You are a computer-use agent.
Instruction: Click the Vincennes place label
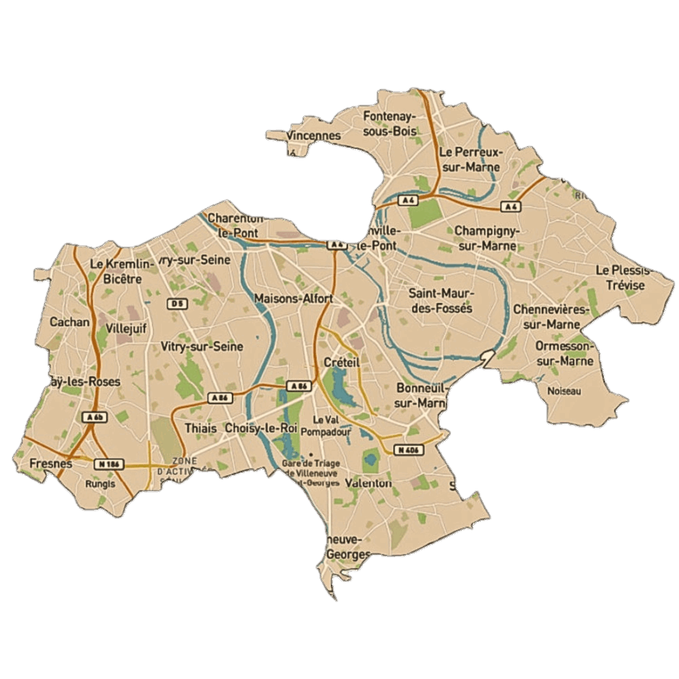click(x=314, y=136)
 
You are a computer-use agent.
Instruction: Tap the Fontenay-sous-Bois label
click(x=390, y=124)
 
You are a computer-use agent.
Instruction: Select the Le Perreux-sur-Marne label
click(x=471, y=159)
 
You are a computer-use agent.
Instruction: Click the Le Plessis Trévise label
click(x=625, y=278)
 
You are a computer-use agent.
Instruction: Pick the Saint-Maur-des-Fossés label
click(x=440, y=300)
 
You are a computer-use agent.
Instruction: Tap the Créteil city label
click(x=341, y=362)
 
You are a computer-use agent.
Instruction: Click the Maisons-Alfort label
click(x=293, y=298)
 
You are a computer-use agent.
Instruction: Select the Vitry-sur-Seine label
click(x=202, y=347)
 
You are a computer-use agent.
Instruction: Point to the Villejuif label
click(x=126, y=328)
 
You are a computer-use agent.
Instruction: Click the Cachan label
click(x=70, y=322)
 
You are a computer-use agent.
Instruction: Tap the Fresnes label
click(x=51, y=463)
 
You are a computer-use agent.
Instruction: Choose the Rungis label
click(x=100, y=483)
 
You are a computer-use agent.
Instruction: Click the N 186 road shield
click(x=107, y=463)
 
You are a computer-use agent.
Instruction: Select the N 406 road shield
click(x=408, y=450)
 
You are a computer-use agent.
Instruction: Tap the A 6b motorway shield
click(x=95, y=417)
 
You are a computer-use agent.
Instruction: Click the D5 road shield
click(x=176, y=304)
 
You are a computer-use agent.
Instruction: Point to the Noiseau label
click(x=564, y=391)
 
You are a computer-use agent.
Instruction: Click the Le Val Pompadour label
click(x=325, y=426)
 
